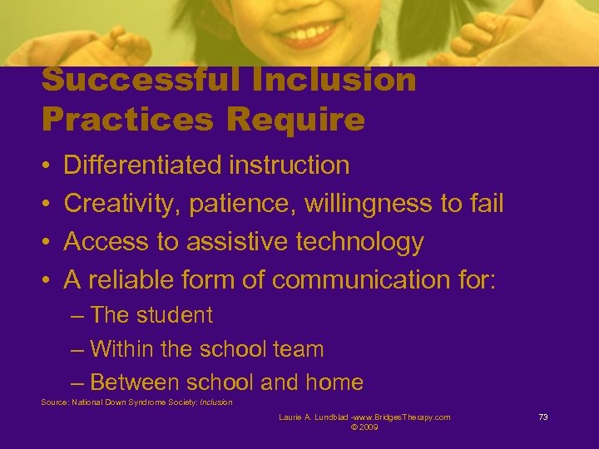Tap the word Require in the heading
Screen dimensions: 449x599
pos(295,121)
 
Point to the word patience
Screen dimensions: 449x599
pos(243,204)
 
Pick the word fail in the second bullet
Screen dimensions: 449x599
pos(482,204)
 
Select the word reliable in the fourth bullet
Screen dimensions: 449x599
pos(138,280)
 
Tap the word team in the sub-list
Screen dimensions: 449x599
pos(299,349)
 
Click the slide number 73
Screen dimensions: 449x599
pos(543,417)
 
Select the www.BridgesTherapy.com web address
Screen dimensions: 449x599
pos(399,417)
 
